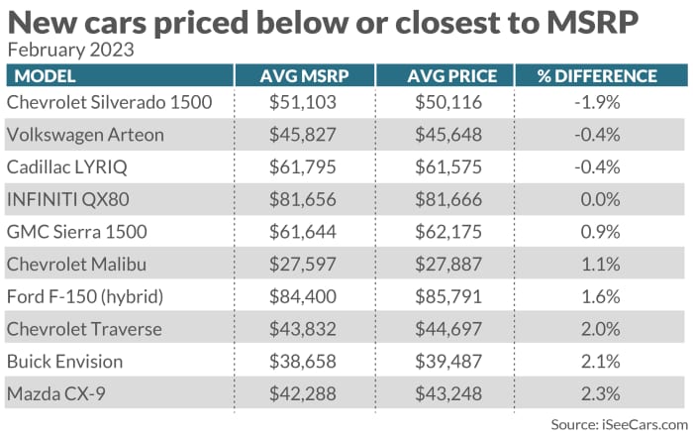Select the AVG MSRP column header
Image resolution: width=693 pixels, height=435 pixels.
point(304,76)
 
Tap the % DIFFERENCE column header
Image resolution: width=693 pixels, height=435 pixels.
point(596,76)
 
